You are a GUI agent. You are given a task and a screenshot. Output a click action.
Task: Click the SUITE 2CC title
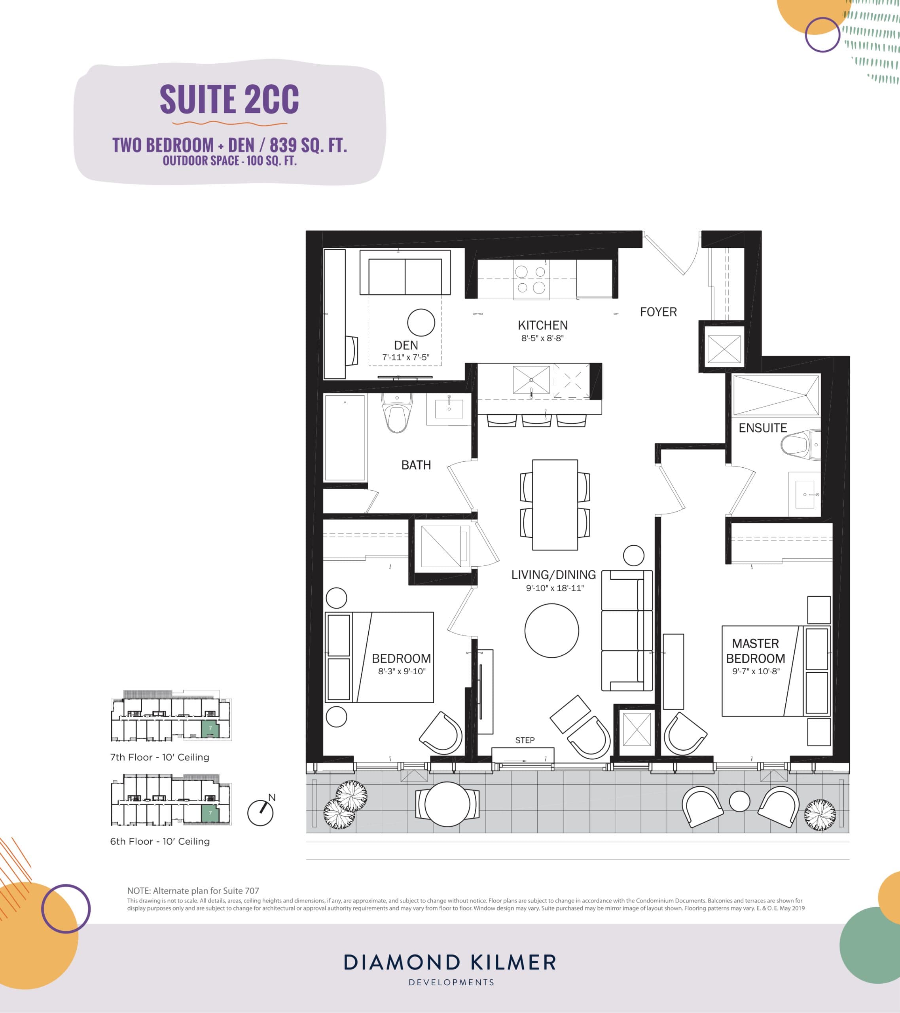[229, 99]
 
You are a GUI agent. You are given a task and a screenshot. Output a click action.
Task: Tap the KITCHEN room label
[543, 326]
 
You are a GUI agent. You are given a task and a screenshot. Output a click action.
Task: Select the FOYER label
[658, 312]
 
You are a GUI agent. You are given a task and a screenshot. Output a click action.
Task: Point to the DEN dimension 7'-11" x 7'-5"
[405, 357]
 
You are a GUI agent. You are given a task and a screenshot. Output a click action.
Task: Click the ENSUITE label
[763, 428]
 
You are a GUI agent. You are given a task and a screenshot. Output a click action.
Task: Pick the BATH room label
[416, 465]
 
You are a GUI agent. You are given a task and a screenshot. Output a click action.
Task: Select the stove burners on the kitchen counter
[530, 279]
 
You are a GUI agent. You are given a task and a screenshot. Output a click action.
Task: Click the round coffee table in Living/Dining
[551, 630]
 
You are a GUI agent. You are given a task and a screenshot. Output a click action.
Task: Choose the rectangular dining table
[555, 505]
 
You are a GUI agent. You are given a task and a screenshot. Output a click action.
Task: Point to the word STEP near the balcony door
[525, 740]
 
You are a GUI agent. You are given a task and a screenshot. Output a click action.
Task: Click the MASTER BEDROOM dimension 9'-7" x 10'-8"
[756, 672]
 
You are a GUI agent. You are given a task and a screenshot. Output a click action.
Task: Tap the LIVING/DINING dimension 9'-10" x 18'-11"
[555, 589]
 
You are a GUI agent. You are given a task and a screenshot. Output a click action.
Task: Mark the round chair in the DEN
[421, 322]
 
